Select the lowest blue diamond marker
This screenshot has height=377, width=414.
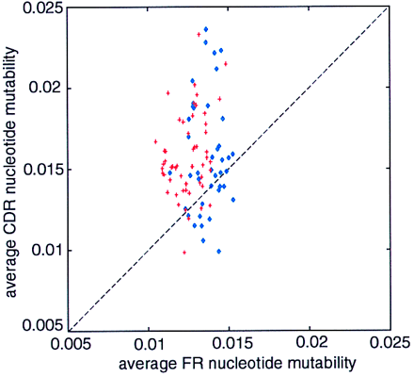(x=218, y=252)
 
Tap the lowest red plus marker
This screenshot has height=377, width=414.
(x=184, y=253)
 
